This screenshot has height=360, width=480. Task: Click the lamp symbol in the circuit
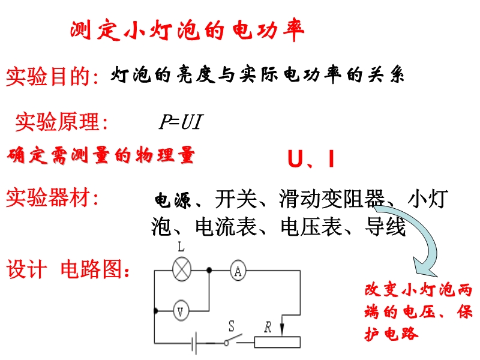pos(182,269)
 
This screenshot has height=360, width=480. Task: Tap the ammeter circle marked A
pos(238,271)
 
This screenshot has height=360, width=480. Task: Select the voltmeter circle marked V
pos(181,311)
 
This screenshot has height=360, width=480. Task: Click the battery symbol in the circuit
pos(193,343)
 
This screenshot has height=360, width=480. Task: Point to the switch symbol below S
pos(233,340)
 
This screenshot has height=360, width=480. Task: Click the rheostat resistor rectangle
pos(277,342)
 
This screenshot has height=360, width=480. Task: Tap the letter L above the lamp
pos(181,247)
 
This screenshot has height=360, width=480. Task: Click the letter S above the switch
pos(232,326)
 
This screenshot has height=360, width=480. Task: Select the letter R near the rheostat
pos(268,327)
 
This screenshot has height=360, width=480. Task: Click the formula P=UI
pos(181,122)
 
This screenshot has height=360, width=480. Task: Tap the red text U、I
pos(311,159)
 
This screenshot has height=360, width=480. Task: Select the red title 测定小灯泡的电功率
pos(187,30)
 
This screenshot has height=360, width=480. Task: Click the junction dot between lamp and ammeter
pos(209,271)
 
